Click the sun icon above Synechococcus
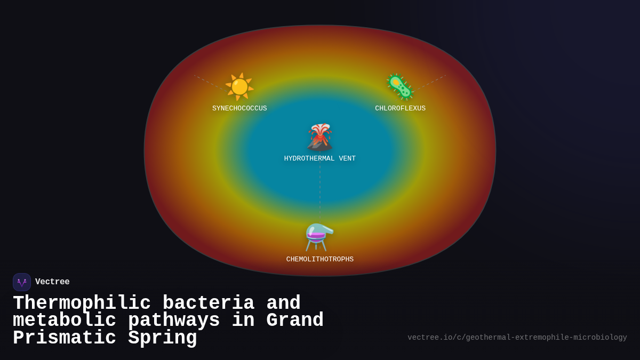pos(239,86)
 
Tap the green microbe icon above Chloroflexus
pos(400,86)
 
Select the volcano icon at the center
pos(320,137)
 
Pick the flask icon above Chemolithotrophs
pos(319,237)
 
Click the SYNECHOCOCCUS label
pos(239,109)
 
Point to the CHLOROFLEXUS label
pos(400,109)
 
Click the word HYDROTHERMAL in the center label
pos(309,159)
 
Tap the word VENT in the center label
pos(347,159)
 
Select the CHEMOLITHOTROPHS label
pos(320,260)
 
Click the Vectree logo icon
pos(22,282)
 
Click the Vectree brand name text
pos(52,282)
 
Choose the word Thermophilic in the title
pos(82,303)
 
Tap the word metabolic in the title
pos(65,321)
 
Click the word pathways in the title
pos(174,321)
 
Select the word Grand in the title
pos(295,321)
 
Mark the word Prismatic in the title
pos(65,338)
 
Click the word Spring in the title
pos(163,338)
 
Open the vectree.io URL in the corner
pos(517,338)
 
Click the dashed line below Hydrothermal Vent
pos(320,189)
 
